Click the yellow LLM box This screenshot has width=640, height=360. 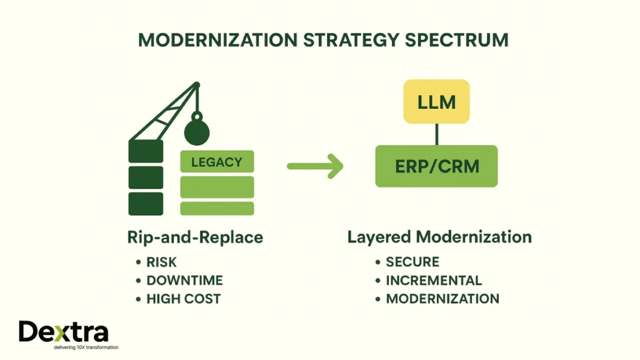(x=436, y=101)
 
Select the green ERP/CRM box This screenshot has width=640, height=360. (x=436, y=166)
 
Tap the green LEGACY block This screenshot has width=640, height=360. (x=217, y=162)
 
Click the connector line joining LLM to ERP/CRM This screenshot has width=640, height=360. (x=436, y=134)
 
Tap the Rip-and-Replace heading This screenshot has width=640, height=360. (x=194, y=237)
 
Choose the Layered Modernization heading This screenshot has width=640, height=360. (x=439, y=237)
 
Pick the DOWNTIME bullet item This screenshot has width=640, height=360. (x=184, y=281)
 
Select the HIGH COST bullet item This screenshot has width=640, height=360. (x=183, y=299)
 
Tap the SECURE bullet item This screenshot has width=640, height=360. (x=412, y=262)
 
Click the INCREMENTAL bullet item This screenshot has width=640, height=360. (x=434, y=281)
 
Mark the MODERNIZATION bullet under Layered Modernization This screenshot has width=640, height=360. (x=442, y=299)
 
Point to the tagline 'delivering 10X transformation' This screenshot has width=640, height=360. (x=69, y=347)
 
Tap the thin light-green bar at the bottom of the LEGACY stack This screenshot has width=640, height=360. (x=217, y=208)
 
